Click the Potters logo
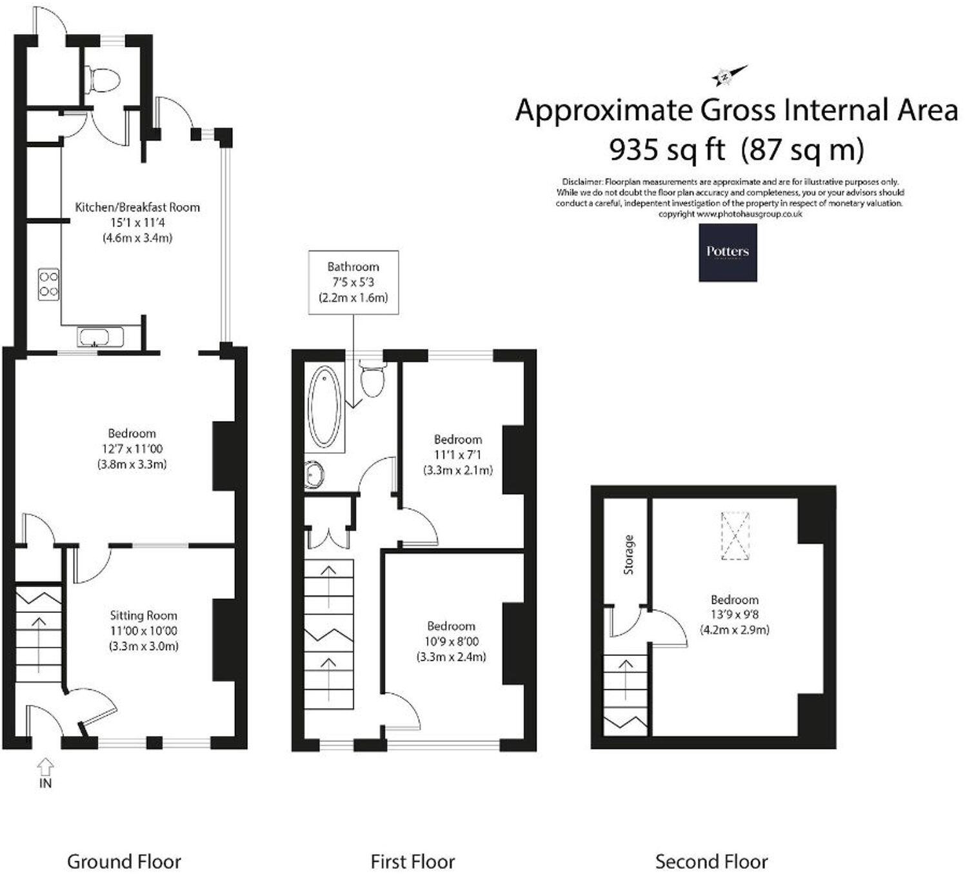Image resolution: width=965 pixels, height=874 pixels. pos(728,252)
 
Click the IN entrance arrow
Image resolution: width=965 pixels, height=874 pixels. pos(45,768)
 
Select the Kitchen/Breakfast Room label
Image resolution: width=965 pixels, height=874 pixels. pos(137,207)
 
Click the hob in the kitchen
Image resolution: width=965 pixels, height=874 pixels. pos(49,284)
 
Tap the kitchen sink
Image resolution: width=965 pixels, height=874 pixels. pos(100,337)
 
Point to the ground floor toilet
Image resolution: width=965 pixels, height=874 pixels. pos(105,80)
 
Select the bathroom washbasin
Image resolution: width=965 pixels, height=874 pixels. pos(316,475)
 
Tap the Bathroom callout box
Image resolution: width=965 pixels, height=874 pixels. pos(353,282)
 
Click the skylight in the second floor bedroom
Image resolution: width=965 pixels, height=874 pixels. pos(735,536)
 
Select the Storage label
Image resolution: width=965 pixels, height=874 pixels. pos(629,554)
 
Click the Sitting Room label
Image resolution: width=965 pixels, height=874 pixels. pos(143,615)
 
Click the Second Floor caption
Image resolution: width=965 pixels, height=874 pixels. pos(711,861)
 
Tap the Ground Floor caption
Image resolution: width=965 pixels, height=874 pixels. pos(124,861)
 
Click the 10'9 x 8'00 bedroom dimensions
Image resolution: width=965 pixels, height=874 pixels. pos(451,642)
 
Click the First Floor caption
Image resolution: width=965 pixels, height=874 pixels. pos(412,861)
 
